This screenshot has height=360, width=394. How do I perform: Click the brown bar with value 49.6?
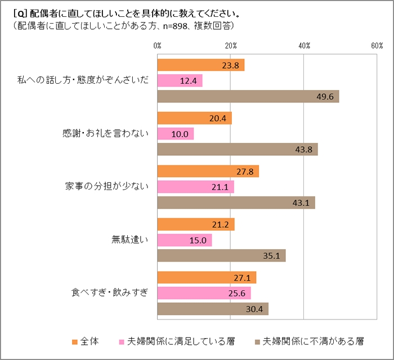tap(248, 96)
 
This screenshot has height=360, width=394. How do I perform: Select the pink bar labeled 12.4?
tap(180, 81)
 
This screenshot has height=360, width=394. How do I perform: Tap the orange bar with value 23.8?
tap(200, 65)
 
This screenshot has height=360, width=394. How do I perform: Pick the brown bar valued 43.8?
tap(237, 149)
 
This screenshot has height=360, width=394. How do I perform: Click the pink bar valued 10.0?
tap(175, 134)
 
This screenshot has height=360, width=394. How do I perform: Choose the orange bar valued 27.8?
tap(208, 172)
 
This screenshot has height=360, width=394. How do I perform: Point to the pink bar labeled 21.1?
tap(195, 187)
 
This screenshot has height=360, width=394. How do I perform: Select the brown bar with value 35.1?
tap(221, 255)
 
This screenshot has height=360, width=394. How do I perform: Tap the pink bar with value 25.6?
tap(204, 293)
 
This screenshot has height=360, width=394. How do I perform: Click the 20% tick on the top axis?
tap(230, 45)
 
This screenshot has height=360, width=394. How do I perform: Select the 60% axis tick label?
tap(377, 45)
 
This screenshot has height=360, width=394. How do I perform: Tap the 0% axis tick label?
tap(157, 45)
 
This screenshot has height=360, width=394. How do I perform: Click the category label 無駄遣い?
tap(130, 240)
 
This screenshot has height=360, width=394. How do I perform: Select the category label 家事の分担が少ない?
tap(106, 187)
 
